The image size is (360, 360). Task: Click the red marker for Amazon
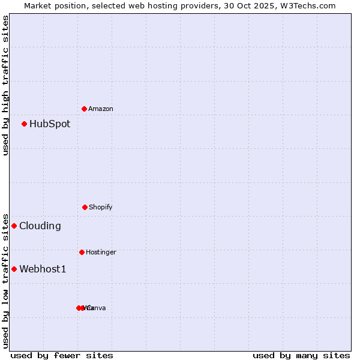click(85, 109)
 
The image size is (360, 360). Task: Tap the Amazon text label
click(100, 109)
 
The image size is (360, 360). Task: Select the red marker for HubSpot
click(25, 124)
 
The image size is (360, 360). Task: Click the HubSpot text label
click(50, 124)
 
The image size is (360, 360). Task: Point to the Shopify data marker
click(85, 207)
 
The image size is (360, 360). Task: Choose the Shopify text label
click(100, 207)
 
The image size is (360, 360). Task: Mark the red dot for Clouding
click(14, 226)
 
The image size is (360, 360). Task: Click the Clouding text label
click(40, 226)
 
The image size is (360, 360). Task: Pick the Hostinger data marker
click(82, 252)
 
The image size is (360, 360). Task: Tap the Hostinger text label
click(101, 252)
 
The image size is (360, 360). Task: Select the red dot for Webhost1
click(14, 269)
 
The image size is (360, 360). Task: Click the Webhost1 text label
click(43, 269)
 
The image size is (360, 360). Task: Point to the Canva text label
click(97, 308)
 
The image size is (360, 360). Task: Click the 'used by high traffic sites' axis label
click(5, 85)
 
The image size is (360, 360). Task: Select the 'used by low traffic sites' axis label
click(5, 280)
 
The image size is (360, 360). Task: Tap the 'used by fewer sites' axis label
click(62, 355)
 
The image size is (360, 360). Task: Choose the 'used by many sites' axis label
click(301, 355)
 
